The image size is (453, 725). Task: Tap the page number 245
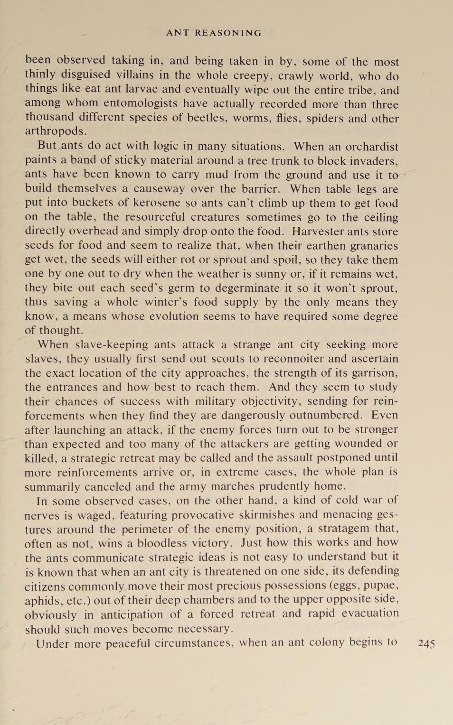(x=426, y=643)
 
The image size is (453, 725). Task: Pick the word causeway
(x=159, y=189)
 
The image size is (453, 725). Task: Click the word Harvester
(x=318, y=232)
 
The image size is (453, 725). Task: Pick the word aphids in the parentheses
(x=44, y=601)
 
